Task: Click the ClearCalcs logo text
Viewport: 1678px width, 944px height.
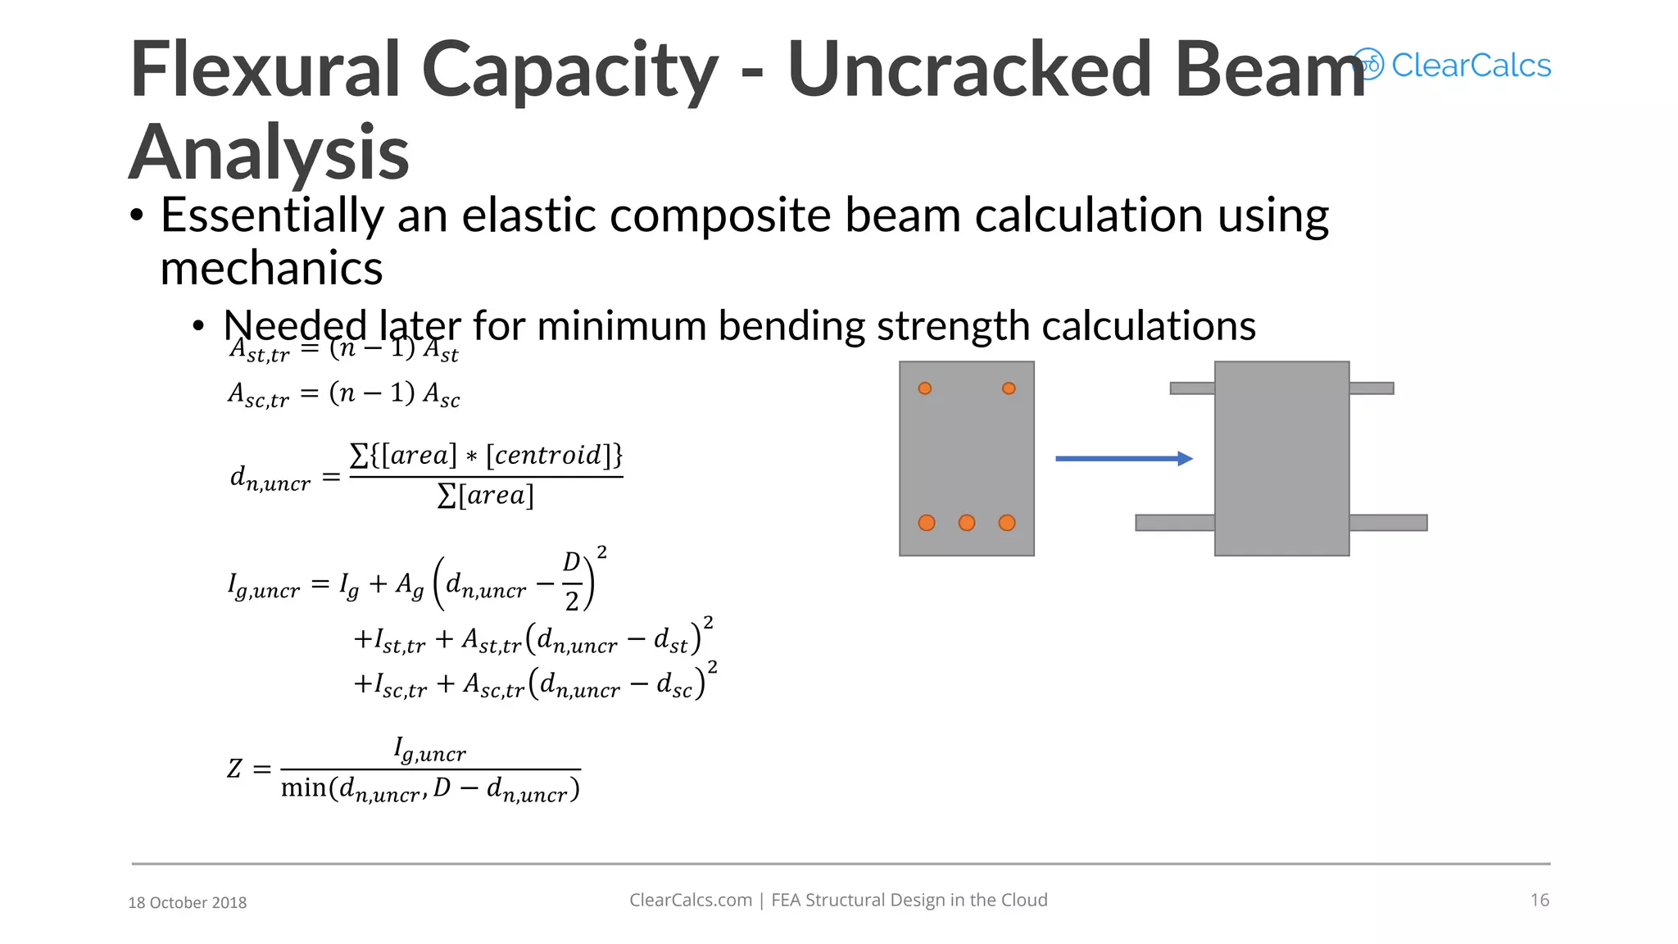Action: (x=1471, y=66)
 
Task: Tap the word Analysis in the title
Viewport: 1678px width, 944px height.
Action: (x=269, y=152)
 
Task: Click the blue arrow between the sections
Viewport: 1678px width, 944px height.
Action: (x=1123, y=459)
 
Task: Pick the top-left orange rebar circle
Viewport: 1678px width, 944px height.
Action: (x=925, y=388)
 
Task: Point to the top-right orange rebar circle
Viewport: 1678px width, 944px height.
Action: (x=1009, y=388)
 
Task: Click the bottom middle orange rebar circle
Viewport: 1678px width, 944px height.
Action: (x=967, y=523)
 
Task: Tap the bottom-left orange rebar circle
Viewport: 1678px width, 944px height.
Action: (x=927, y=523)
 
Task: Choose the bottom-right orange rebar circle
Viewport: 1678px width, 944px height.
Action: (x=1007, y=523)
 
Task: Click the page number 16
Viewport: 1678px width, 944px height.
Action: (x=1540, y=900)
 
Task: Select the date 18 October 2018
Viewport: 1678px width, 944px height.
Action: (x=188, y=902)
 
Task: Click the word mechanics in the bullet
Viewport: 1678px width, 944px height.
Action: (x=271, y=268)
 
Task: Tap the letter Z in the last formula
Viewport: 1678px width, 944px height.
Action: (x=235, y=769)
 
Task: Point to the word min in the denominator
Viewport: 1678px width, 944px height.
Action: (x=303, y=788)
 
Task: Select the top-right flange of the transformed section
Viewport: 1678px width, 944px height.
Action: (x=1371, y=388)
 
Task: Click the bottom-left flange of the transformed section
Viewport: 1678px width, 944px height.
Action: (x=1175, y=523)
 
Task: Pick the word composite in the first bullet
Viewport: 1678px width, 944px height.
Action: (x=721, y=216)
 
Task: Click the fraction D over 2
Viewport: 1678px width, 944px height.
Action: (x=572, y=581)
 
